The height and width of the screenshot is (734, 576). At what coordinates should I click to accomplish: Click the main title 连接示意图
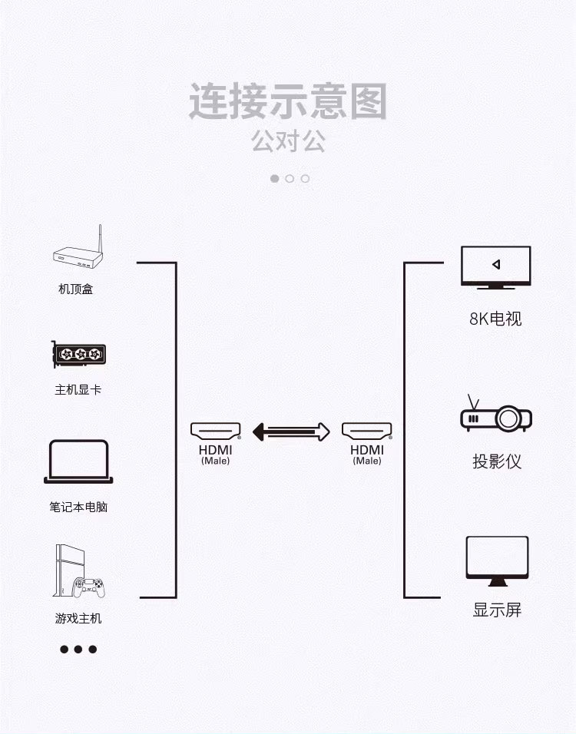click(x=288, y=102)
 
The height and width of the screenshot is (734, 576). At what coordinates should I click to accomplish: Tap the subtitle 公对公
click(x=288, y=141)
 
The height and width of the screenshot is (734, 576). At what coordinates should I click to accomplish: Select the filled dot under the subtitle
click(x=275, y=178)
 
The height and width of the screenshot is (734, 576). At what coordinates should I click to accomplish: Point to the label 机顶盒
click(x=76, y=289)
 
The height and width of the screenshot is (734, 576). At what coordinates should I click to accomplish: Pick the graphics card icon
click(x=78, y=354)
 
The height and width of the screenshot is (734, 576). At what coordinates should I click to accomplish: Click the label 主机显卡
click(x=78, y=389)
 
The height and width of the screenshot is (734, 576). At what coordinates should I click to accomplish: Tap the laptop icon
click(x=78, y=461)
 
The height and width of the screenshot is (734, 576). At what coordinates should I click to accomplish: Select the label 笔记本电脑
click(x=78, y=507)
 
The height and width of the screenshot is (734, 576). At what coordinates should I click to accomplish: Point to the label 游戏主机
click(x=78, y=618)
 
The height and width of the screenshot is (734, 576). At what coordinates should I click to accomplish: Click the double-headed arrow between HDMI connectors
click(x=291, y=431)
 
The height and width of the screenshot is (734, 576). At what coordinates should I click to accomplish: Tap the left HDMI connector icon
click(x=216, y=430)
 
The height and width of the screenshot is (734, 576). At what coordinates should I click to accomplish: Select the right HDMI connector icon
click(x=367, y=430)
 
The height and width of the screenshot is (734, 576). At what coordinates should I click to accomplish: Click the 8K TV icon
click(x=495, y=267)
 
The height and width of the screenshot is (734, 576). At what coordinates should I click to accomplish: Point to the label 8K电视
click(x=495, y=319)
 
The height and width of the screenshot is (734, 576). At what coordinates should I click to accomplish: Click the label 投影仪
click(x=496, y=461)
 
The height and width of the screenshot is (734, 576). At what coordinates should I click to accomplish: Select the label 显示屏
click(x=497, y=610)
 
